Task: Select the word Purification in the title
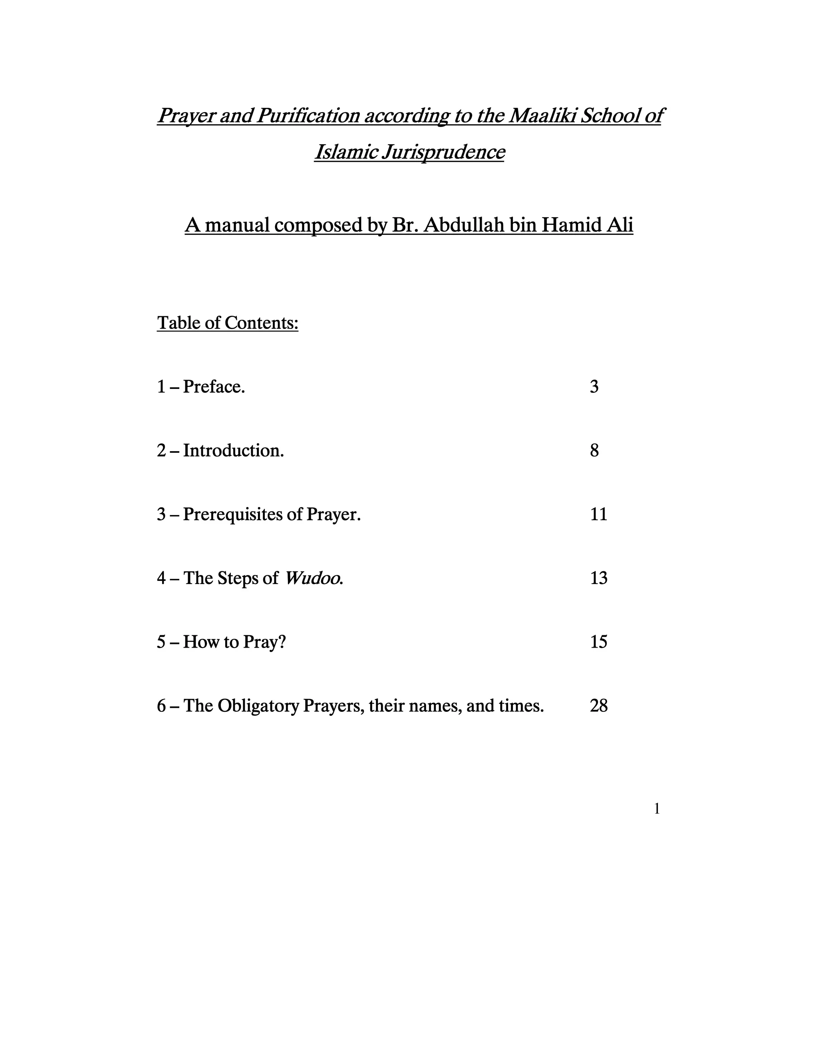308,115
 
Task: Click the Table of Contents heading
227,323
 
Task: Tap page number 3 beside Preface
594,386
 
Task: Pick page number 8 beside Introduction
594,450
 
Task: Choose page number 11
598,514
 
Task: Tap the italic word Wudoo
313,578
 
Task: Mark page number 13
598,578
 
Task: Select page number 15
598,642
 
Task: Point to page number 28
598,706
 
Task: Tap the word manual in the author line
237,225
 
